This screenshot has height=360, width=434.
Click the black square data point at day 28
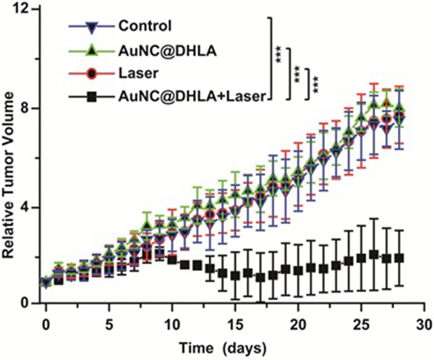399,258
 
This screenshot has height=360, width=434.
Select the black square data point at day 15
235,275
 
